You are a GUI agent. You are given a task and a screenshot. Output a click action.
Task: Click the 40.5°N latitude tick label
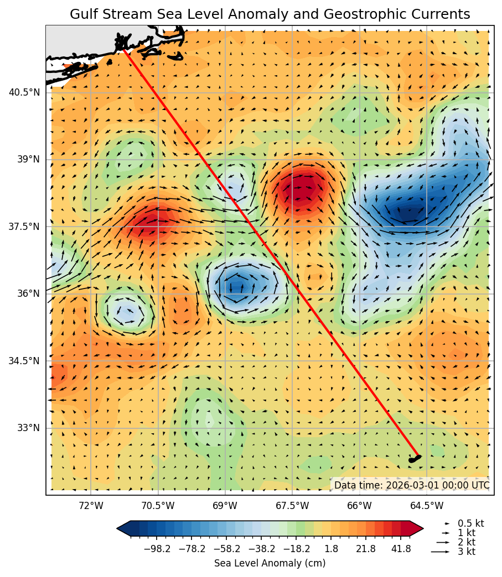point(24,92)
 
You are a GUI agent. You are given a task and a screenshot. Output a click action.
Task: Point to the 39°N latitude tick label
point(28,159)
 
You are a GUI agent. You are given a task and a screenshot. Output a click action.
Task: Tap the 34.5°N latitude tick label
point(24,361)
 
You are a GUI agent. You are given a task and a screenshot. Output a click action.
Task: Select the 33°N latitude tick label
point(28,428)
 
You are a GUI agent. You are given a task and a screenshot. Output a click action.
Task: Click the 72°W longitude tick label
point(91,506)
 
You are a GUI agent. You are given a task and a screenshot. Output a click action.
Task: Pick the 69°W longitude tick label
point(225,506)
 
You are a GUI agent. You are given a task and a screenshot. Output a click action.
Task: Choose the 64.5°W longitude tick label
point(427,506)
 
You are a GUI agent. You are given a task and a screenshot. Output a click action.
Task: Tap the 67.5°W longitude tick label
point(292,506)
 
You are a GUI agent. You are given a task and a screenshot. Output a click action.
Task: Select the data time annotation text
point(411,485)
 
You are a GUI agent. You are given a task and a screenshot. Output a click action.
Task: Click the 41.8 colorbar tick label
point(401,549)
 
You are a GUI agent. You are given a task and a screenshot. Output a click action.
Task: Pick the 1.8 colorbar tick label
point(331,549)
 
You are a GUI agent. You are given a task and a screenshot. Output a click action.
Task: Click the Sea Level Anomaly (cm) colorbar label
point(270,563)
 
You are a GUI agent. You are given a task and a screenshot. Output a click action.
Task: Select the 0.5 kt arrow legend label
point(470,523)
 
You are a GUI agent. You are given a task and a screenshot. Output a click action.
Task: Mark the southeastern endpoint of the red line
point(418,456)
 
